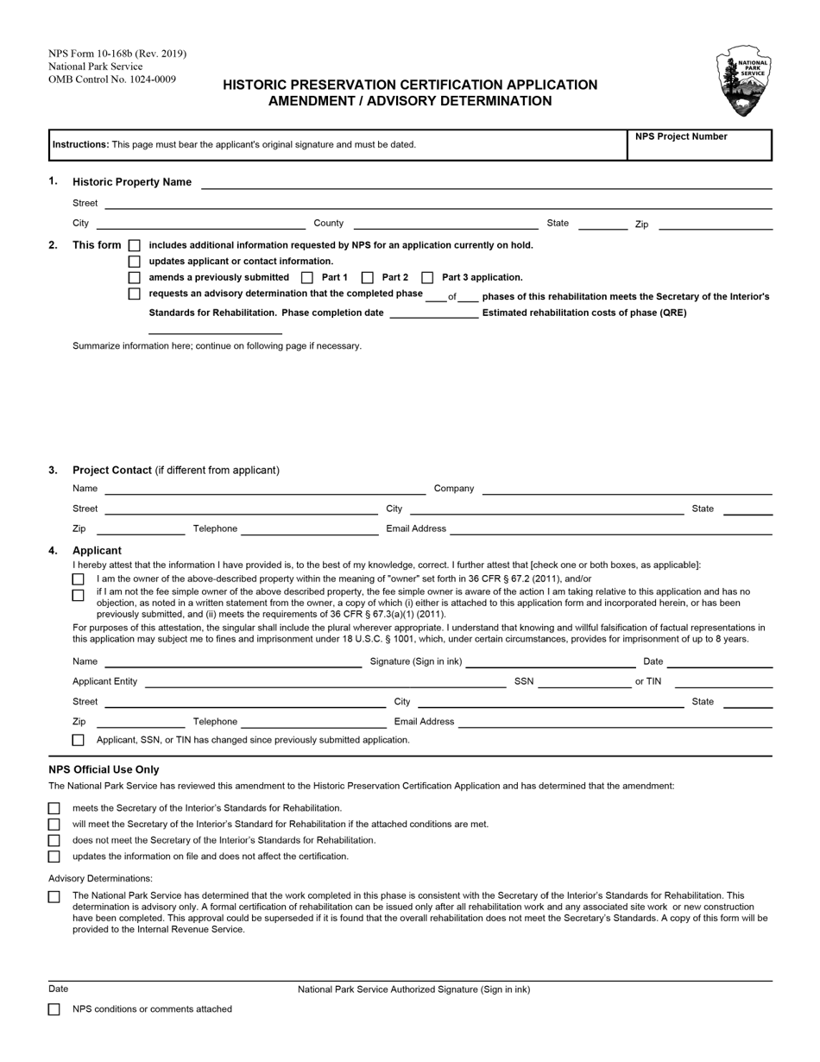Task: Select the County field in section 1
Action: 445,223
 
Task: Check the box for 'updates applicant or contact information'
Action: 134,262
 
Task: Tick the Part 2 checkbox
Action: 367,278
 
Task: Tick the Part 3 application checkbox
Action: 427,278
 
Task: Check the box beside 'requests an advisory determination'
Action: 134,294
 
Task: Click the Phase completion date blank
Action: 433,313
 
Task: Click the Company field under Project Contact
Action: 627,489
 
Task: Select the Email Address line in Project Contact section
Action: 610,528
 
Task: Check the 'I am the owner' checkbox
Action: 79,579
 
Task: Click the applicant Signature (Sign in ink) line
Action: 550,662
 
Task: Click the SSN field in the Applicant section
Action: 584,682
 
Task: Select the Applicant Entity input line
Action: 325,682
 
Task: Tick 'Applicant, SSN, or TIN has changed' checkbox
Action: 79,741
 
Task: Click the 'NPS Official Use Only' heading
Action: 104,769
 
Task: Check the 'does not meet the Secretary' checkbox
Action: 54,841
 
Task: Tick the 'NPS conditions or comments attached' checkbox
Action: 54,1009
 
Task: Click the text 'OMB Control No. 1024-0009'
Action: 112,79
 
